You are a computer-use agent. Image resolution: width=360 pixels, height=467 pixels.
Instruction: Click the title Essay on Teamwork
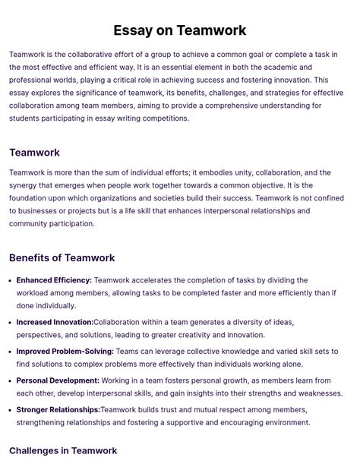point(180,31)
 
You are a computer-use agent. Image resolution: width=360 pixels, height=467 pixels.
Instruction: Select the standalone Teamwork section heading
point(34,153)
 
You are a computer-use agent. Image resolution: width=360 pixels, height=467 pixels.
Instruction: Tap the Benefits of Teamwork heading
point(62,258)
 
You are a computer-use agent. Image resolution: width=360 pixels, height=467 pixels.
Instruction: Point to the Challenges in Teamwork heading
point(63,451)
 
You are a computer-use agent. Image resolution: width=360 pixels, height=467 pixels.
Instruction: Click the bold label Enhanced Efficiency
point(54,280)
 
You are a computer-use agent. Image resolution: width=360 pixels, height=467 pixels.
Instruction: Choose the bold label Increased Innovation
point(55,322)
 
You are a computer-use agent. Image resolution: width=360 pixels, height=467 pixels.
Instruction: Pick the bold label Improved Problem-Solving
point(65,352)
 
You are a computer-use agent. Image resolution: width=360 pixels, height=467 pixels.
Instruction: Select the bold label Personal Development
point(58,380)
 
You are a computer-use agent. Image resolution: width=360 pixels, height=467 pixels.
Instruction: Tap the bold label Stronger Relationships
point(58,410)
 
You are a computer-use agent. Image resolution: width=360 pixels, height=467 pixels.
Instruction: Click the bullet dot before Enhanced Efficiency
point(11,280)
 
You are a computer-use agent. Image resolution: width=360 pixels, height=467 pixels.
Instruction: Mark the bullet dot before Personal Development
point(11,380)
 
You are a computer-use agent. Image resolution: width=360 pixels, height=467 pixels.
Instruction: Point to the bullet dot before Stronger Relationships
point(11,410)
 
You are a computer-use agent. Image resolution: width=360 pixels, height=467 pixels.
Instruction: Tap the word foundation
point(33,198)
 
